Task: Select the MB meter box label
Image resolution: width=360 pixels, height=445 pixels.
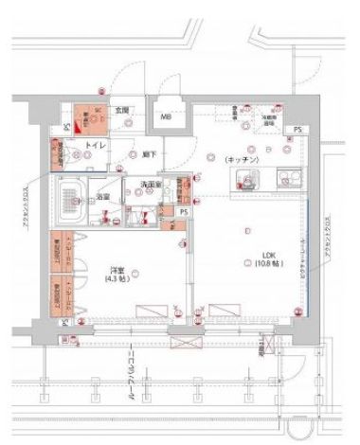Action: pyautogui.click(x=166, y=117)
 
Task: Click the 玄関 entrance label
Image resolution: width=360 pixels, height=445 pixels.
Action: pyautogui.click(x=122, y=111)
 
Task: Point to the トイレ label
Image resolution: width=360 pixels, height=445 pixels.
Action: pyautogui.click(x=95, y=146)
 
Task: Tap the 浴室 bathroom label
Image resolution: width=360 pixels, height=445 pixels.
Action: pyautogui.click(x=102, y=197)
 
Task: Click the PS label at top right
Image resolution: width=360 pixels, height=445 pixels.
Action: pyautogui.click(x=298, y=129)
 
